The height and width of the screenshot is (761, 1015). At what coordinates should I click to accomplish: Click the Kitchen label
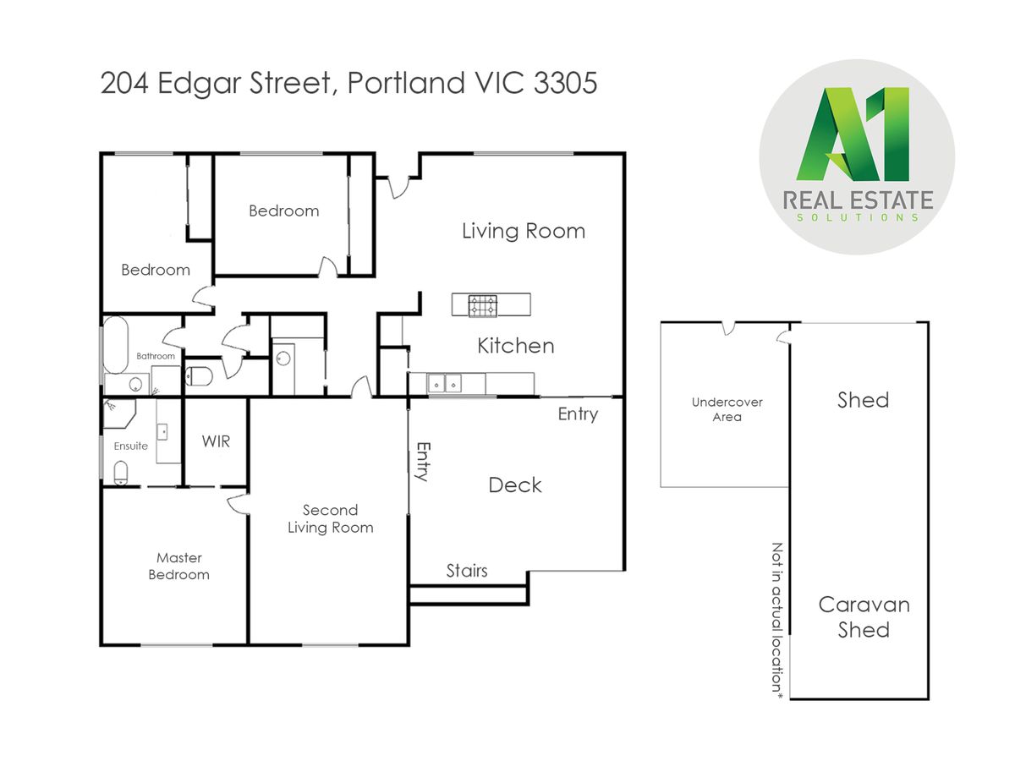[516, 346]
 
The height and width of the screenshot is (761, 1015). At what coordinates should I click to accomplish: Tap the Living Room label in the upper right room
[524, 231]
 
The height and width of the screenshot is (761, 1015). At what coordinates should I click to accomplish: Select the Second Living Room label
[330, 518]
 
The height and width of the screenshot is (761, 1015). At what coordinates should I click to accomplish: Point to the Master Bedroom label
[179, 566]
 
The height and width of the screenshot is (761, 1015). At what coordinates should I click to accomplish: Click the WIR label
[216, 441]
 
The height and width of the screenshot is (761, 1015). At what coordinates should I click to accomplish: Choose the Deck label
[514, 485]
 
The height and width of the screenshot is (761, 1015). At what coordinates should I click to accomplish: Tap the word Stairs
[467, 571]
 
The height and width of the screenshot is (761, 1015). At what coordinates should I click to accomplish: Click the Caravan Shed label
[864, 617]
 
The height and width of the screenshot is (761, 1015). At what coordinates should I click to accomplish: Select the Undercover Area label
[727, 409]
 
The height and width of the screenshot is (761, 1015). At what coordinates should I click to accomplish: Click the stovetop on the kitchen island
[482, 306]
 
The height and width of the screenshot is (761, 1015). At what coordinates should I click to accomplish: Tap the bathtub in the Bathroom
[115, 345]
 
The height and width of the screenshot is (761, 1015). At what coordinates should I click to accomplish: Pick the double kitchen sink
[444, 383]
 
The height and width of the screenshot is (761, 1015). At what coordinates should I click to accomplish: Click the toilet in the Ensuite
[120, 474]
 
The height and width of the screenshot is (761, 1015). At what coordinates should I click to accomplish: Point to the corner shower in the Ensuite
[118, 414]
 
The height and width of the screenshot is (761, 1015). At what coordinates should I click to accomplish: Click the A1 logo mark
[853, 134]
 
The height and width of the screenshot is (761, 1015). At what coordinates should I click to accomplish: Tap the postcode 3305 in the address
[565, 83]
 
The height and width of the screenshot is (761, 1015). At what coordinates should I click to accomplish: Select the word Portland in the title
[406, 83]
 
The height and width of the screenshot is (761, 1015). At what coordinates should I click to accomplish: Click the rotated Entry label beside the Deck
[423, 462]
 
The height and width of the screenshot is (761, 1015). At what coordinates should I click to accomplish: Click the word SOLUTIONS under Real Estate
[858, 217]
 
